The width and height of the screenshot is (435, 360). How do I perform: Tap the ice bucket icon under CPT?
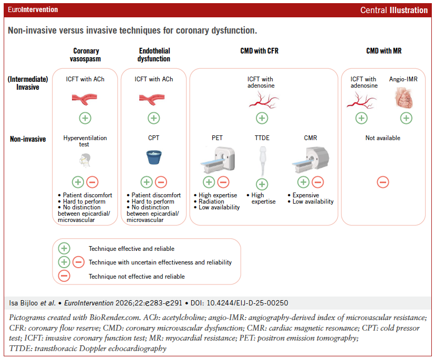coord(153,157)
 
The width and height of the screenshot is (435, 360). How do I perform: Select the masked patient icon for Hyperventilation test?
coord(85,160)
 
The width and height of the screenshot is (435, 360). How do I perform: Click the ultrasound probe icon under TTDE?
coord(262,160)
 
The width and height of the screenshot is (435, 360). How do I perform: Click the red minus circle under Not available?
coord(383,182)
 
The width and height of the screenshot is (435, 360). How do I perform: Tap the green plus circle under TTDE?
coord(262,184)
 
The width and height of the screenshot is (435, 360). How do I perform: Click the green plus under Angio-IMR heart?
coord(406,118)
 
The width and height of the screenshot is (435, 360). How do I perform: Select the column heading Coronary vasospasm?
coord(85,55)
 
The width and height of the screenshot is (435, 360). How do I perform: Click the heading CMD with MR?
coord(384,51)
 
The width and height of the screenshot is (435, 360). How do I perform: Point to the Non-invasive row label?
coord(28,139)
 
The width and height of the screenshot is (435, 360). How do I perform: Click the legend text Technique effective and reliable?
coord(131,249)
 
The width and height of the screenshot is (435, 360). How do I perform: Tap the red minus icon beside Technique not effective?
coord(64,276)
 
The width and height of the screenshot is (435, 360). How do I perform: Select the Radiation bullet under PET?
coord(212,202)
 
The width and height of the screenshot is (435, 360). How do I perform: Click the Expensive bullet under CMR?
coord(306,195)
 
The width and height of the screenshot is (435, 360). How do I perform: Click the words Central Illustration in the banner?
coord(393,10)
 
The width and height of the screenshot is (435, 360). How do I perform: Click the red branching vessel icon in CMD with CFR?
coord(262,99)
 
